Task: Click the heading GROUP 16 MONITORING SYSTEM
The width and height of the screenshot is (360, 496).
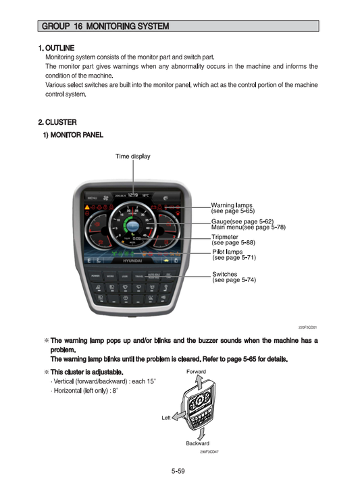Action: [105, 26]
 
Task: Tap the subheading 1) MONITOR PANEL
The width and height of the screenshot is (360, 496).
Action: [74, 135]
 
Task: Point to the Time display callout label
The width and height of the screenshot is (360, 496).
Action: [133, 157]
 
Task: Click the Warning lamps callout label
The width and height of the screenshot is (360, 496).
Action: [232, 205]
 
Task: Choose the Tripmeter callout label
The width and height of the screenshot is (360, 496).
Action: [225, 237]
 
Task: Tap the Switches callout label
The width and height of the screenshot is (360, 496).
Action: [224, 274]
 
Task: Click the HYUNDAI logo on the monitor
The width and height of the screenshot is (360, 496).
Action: [132, 260]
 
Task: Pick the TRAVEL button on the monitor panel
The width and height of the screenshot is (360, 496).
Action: [139, 276]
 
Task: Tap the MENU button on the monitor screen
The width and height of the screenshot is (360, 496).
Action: [92, 197]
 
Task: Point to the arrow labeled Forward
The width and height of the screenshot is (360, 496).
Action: [196, 383]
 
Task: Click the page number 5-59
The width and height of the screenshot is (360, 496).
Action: [178, 471]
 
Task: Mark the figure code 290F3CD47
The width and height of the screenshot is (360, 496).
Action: [209, 451]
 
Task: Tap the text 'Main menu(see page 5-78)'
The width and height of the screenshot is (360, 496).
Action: [248, 227]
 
